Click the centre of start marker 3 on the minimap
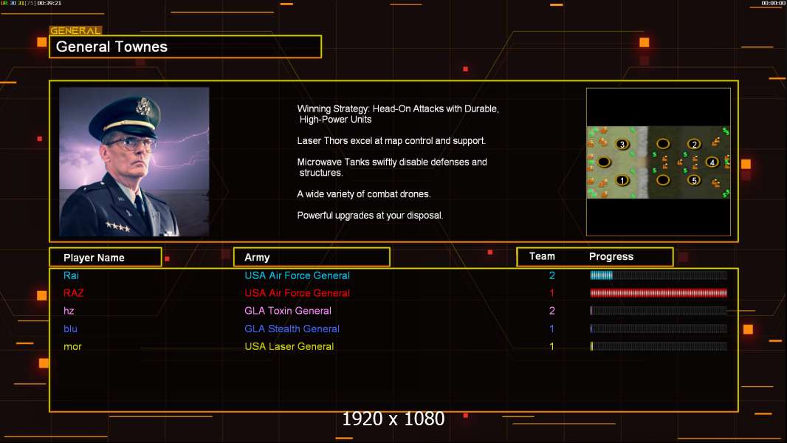pyautogui.click(x=622, y=145)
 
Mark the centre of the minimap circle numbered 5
pyautogui.click(x=694, y=180)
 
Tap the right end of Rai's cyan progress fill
pyautogui.click(x=612, y=275)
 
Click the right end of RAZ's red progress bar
pyautogui.click(x=726, y=293)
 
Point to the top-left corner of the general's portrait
pyautogui.click(x=59, y=87)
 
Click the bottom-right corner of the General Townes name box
pyautogui.click(x=321, y=58)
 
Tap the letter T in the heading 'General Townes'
pyautogui.click(x=118, y=47)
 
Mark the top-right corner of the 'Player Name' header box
pyautogui.click(x=162, y=247)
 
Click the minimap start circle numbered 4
pyautogui.click(x=712, y=162)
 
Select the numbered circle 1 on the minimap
pyautogui.click(x=622, y=181)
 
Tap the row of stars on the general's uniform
pyautogui.click(x=117, y=227)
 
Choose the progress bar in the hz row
pyautogui.click(x=659, y=311)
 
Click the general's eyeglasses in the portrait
pyautogui.click(x=131, y=144)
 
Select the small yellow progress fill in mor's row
pyautogui.click(x=592, y=346)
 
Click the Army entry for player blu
pyautogui.click(x=292, y=329)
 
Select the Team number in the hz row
pyautogui.click(x=551, y=311)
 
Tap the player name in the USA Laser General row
pyautogui.click(x=72, y=346)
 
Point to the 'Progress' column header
pyautogui.click(x=611, y=256)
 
